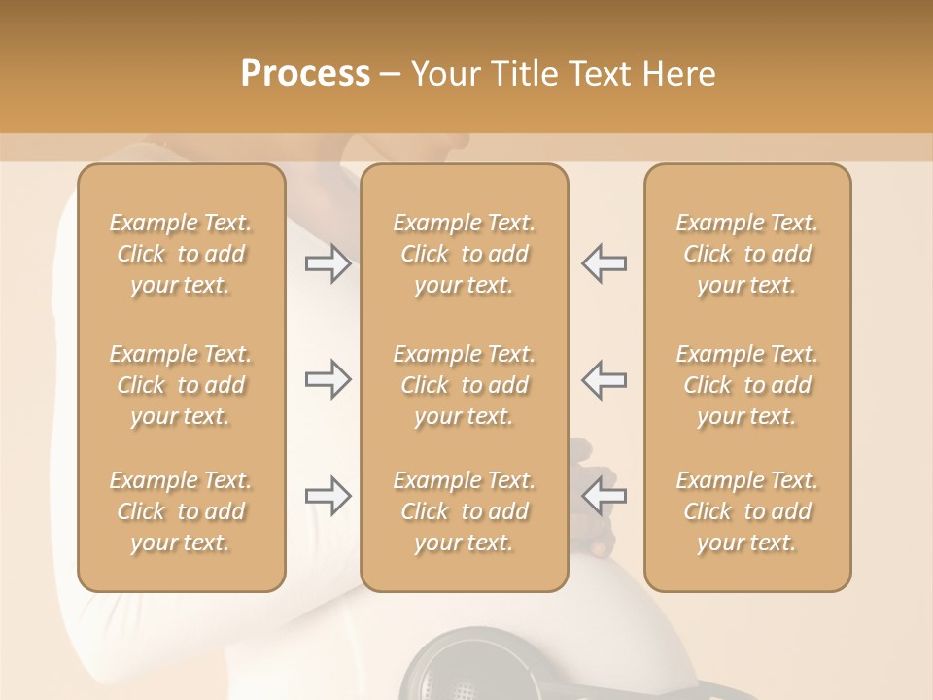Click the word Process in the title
click(x=305, y=74)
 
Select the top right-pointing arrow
click(x=328, y=263)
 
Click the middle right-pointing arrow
click(x=328, y=380)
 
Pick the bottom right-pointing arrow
click(x=328, y=497)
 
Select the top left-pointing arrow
click(x=605, y=263)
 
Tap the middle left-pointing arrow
click(x=605, y=380)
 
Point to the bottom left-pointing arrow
click(x=605, y=497)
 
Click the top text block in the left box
click(x=181, y=254)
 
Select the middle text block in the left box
click(x=181, y=385)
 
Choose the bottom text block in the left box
click(x=181, y=511)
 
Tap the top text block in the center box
click(x=465, y=254)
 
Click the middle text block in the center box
click(x=465, y=385)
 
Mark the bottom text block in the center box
click(x=465, y=511)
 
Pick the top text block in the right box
click(x=747, y=254)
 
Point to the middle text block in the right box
click(x=747, y=385)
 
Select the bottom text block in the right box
click(x=747, y=511)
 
